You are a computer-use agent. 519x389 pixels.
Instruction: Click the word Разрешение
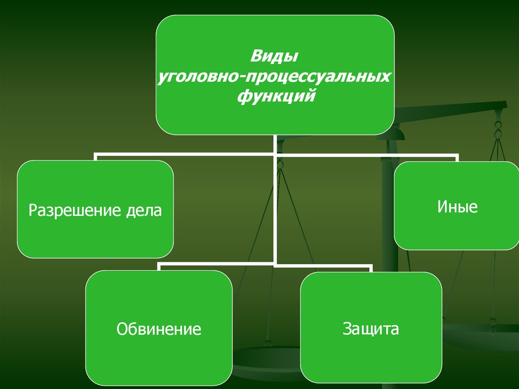pyautogui.click(x=74, y=210)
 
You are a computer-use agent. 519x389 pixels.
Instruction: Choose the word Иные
pyautogui.click(x=457, y=207)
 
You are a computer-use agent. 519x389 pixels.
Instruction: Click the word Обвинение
pyautogui.click(x=159, y=329)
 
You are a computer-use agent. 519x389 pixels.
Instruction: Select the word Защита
pyautogui.click(x=370, y=328)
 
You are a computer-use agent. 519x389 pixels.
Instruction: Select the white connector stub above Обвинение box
pyautogui.click(x=159, y=267)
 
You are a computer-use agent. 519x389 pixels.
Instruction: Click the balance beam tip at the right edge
pyautogui.click(x=504, y=105)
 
